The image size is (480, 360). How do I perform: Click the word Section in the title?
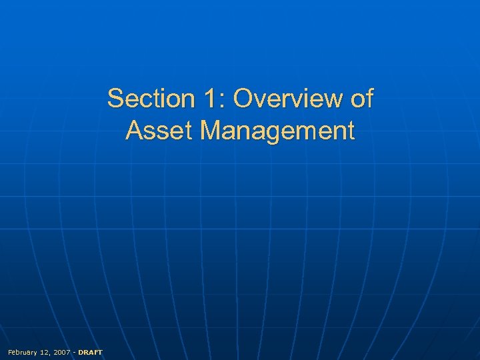pyautogui.click(x=149, y=99)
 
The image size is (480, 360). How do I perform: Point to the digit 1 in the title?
pyautogui.click(x=208, y=99)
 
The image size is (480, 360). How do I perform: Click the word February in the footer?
pyautogui.click(x=23, y=351)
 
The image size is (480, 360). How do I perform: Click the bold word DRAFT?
pyautogui.click(x=91, y=351)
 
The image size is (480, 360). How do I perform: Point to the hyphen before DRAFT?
pyautogui.click(x=74, y=351)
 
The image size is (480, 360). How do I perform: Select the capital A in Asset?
pyautogui.click(x=134, y=130)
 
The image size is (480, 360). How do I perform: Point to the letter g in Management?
pyautogui.click(x=276, y=133)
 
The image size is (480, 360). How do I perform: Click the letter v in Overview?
pyautogui.click(x=264, y=100)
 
